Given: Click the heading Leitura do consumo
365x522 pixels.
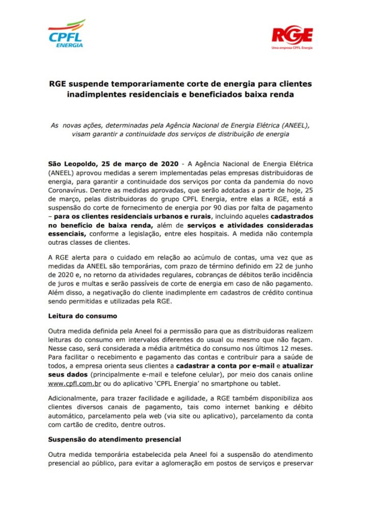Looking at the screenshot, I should [83, 316].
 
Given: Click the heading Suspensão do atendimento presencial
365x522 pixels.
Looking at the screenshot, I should [115, 439].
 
